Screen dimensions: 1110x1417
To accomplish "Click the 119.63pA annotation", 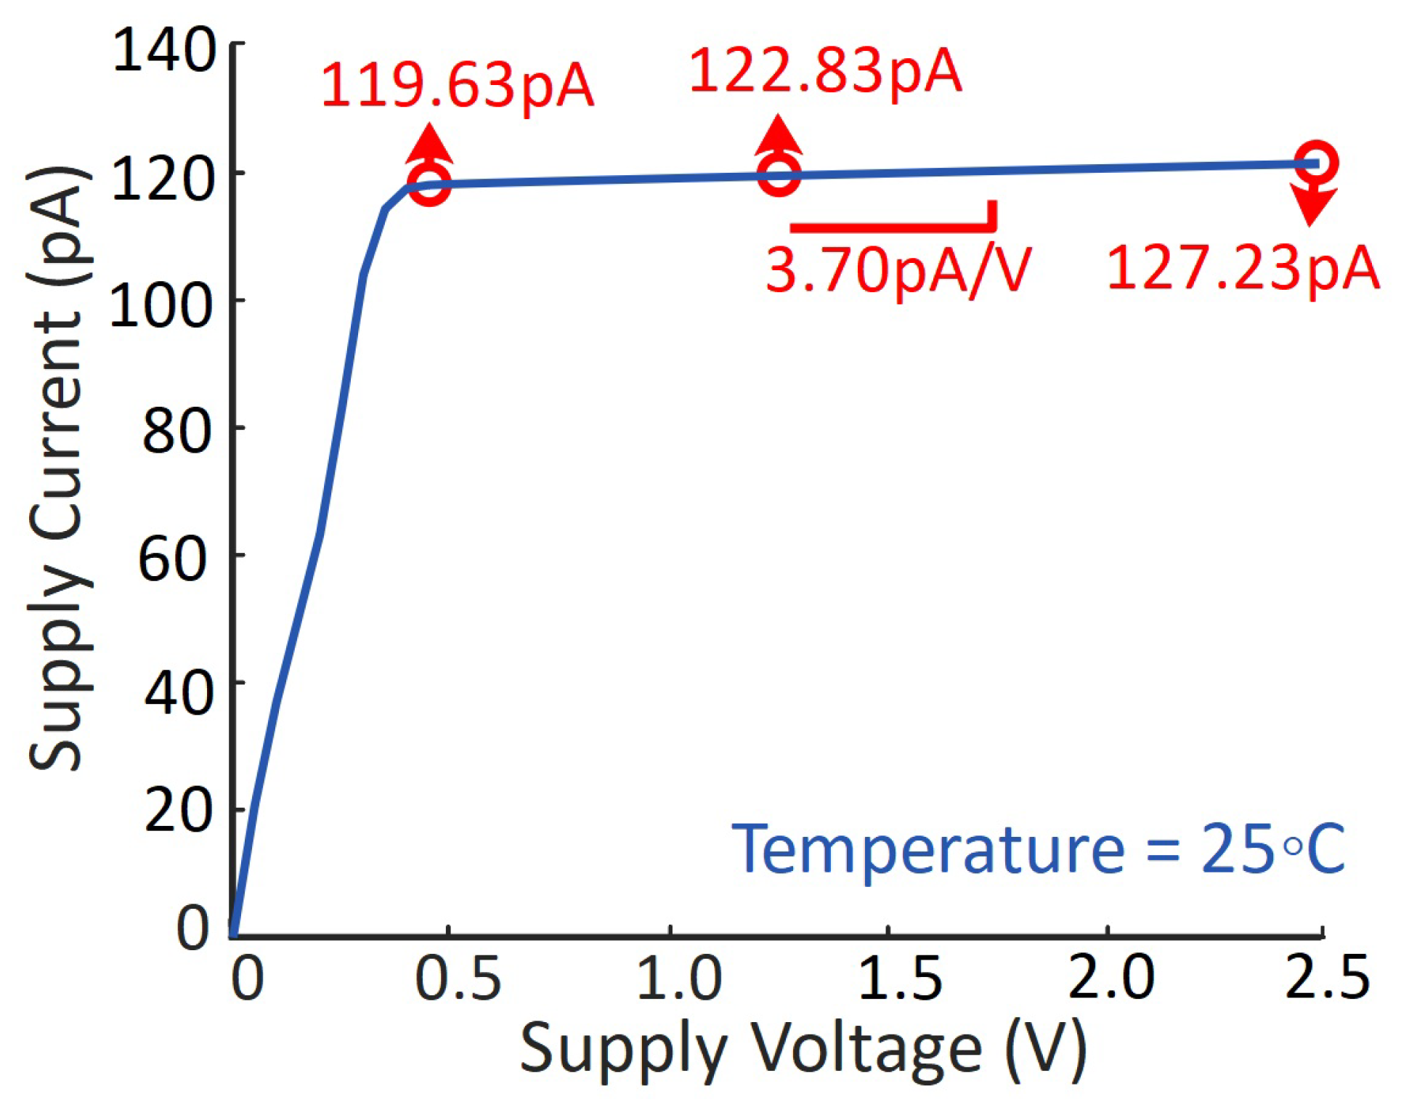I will (x=458, y=86).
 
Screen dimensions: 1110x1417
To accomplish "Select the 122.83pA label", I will (x=825, y=72).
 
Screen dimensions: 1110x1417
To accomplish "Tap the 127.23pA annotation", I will (x=1243, y=269).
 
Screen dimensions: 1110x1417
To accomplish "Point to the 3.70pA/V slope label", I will (x=898, y=270).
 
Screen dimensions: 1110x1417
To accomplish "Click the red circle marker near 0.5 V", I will (x=429, y=184).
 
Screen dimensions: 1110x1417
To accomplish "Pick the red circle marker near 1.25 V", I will (x=779, y=174).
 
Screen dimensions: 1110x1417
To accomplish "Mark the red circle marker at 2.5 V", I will (x=1315, y=162).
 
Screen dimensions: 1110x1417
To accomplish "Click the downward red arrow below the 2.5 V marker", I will (x=1311, y=206).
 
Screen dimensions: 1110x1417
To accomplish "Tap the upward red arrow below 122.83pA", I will (x=779, y=135).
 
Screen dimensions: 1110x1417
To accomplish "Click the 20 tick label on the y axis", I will (x=178, y=811).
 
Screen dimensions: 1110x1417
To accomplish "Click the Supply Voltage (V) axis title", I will (x=803, y=1049).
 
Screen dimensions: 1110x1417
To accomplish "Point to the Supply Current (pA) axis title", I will (x=58, y=469).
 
